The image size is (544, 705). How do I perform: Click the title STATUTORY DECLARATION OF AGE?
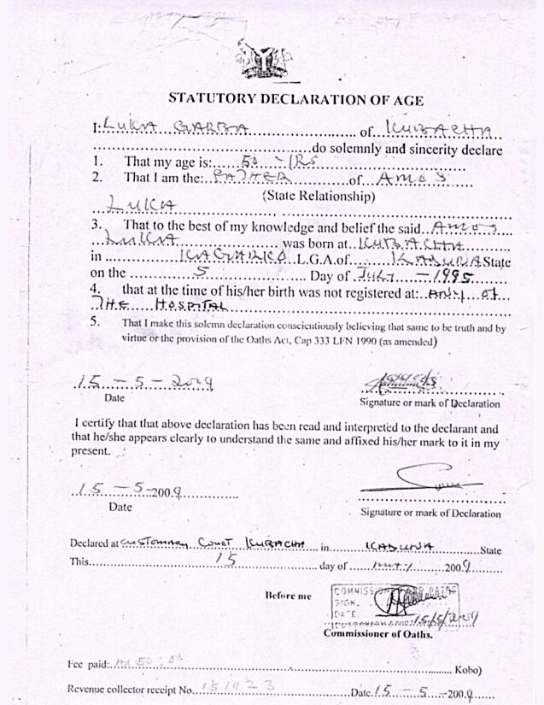click(x=295, y=99)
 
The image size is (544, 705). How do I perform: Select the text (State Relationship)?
click(x=319, y=196)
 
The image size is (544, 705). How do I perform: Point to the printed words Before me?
click(x=288, y=595)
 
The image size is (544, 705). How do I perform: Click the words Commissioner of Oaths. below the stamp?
click(x=378, y=634)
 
